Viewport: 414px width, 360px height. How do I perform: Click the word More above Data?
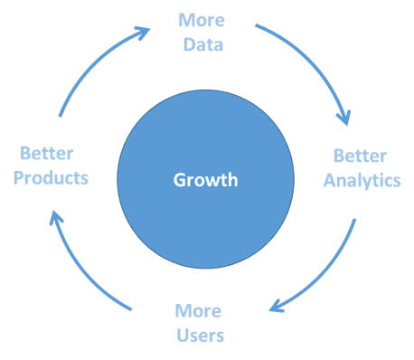(202, 20)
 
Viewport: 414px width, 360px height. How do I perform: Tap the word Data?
(203, 44)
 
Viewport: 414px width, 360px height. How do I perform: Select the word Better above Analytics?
(360, 156)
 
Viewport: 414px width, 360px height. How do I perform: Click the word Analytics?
(362, 181)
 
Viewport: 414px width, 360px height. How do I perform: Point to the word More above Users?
(198, 311)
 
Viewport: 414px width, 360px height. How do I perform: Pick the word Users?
(200, 336)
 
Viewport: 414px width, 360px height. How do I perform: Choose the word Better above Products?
(46, 153)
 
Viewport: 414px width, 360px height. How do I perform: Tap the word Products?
(51, 177)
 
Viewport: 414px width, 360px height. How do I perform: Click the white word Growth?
(205, 180)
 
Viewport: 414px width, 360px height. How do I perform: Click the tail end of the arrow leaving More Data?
(256, 25)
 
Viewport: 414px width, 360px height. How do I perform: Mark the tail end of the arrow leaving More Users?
(131, 309)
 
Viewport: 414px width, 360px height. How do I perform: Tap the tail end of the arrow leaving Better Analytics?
(355, 219)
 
